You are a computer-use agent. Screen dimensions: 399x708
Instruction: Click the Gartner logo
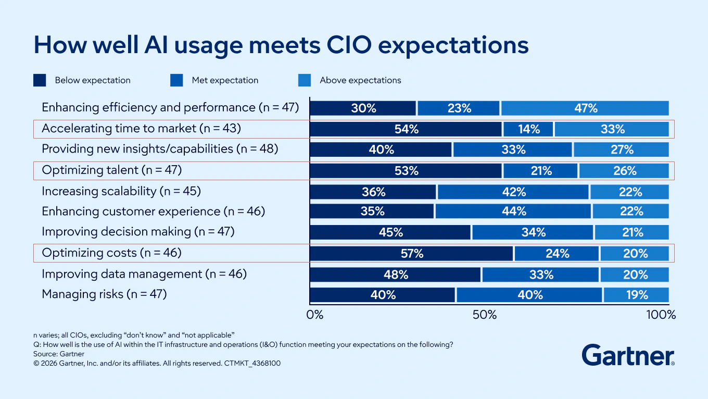[x=628, y=355]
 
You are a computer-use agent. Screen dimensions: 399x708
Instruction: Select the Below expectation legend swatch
[x=40, y=80]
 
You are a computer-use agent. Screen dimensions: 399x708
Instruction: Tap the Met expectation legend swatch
[x=176, y=80]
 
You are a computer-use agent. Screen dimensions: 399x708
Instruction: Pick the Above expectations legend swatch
[x=305, y=80]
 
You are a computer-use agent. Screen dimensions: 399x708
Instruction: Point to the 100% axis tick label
[x=661, y=315]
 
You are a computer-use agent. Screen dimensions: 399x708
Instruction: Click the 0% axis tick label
[x=314, y=315]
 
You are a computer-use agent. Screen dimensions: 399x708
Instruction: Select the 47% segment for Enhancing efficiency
[x=585, y=108]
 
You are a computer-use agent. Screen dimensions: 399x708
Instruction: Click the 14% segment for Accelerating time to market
[x=528, y=129]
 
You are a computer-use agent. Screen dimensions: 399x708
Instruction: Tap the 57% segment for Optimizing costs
[x=412, y=254]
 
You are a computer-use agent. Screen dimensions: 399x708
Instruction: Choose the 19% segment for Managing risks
[x=636, y=295]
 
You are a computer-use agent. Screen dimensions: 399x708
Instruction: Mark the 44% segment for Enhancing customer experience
[x=513, y=211]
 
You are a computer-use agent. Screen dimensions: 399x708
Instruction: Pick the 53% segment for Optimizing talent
[x=406, y=171]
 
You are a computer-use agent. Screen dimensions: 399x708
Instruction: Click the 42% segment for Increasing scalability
[x=513, y=192]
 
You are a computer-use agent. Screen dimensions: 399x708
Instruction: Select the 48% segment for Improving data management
[x=396, y=275]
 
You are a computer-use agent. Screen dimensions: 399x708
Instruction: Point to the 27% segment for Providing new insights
[x=621, y=150]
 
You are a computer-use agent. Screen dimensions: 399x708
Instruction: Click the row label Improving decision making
[x=138, y=232]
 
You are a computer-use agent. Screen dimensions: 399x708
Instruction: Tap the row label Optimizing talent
[x=111, y=170]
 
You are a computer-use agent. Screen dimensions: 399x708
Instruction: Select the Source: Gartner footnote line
[x=59, y=354]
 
